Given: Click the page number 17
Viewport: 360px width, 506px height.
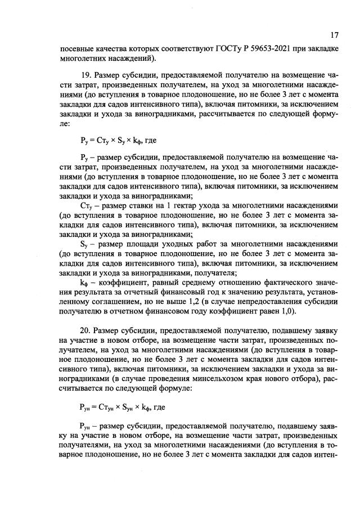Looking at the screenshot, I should click(334, 35).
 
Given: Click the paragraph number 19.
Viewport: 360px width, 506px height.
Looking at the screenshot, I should click(86, 75).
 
